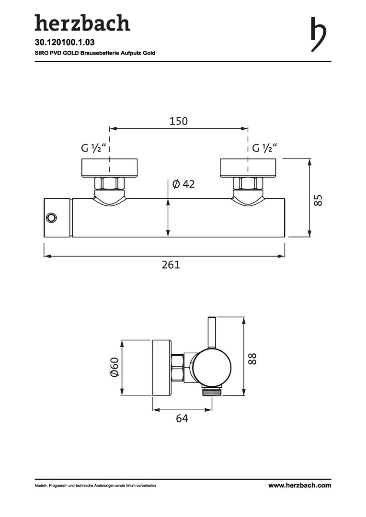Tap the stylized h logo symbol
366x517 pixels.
(319, 34)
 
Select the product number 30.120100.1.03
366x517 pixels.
(60, 43)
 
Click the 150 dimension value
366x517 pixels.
(179, 121)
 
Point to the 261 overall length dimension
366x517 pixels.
(171, 264)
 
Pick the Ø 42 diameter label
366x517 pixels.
(184, 184)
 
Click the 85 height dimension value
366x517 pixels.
(318, 200)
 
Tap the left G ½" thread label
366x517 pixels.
(95, 148)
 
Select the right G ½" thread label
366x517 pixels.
(264, 148)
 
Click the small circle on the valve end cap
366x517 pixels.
(51, 218)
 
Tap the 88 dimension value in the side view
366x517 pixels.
(252, 359)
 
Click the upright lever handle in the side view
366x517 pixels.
(212, 333)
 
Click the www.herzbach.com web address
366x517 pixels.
(300, 485)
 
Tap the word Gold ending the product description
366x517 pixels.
(149, 53)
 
